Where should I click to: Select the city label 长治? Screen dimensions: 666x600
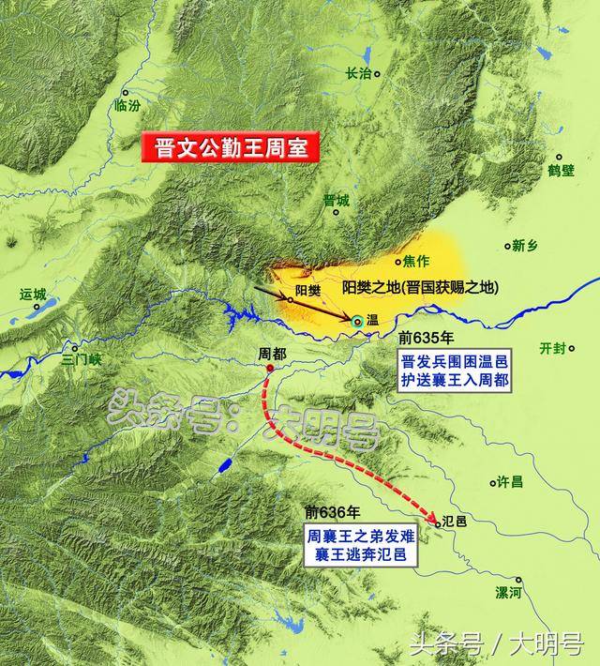[359, 72]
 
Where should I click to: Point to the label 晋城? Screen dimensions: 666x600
[336, 200]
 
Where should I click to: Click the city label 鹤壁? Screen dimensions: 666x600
[561, 170]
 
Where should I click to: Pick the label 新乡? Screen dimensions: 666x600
[525, 246]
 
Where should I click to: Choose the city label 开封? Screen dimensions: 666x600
[553, 348]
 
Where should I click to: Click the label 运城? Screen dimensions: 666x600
[33, 294]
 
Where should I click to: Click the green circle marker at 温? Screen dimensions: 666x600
[357, 321]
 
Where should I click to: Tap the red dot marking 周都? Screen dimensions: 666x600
[270, 369]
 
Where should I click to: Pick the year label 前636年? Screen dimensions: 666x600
[331, 512]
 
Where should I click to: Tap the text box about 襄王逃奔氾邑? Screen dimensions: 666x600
[362, 546]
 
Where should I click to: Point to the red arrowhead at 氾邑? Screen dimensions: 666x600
[435, 521]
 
